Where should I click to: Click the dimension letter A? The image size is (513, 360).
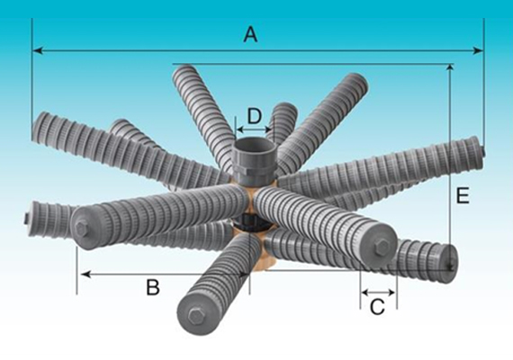pyautogui.click(x=250, y=35)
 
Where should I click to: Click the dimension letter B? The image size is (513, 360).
pyautogui.click(x=153, y=287)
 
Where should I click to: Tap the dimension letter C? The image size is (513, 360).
pyautogui.click(x=377, y=307)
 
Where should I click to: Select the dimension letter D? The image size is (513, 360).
pyautogui.click(x=254, y=116)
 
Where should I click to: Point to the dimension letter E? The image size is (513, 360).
pyautogui.click(x=463, y=196)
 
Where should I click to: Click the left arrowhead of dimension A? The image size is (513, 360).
pyautogui.click(x=38, y=50)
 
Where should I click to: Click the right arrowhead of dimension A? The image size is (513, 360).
pyautogui.click(x=478, y=50)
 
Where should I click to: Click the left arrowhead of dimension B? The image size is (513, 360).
pyautogui.click(x=85, y=274)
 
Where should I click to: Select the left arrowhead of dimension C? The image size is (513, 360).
pyautogui.click(x=365, y=292)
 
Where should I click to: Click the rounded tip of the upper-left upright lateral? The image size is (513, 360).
pyautogui.click(x=184, y=70)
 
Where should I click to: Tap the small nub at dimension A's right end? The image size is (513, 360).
pyautogui.click(x=483, y=150)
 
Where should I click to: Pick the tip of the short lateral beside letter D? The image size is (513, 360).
pyautogui.click(x=285, y=109)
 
